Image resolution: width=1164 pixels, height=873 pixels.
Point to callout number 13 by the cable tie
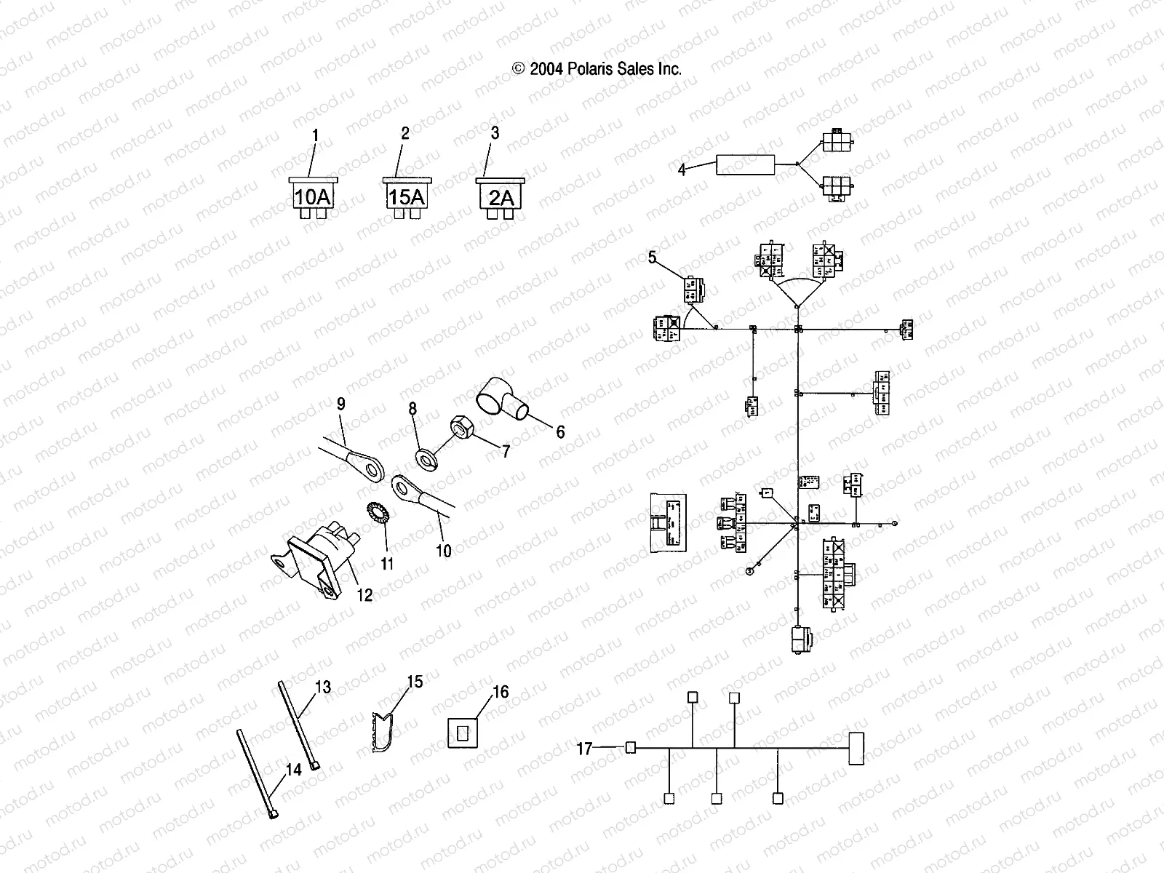[x=323, y=687]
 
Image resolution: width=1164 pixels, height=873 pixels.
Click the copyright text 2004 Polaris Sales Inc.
[x=597, y=69]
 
